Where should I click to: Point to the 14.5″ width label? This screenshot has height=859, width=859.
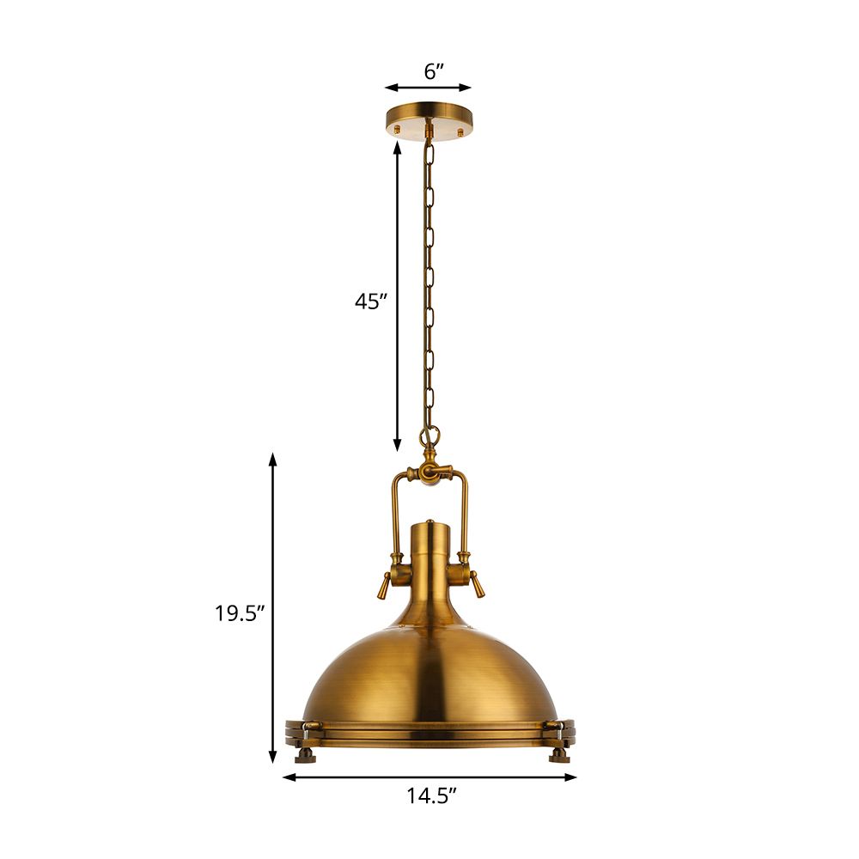click(430, 796)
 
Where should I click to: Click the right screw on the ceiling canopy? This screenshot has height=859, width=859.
click(460, 131)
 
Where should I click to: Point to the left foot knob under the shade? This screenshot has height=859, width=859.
click(304, 755)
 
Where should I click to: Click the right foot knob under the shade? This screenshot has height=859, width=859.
click(558, 755)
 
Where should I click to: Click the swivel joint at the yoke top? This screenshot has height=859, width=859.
click(430, 472)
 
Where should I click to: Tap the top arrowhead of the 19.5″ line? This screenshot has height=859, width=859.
click(273, 459)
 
